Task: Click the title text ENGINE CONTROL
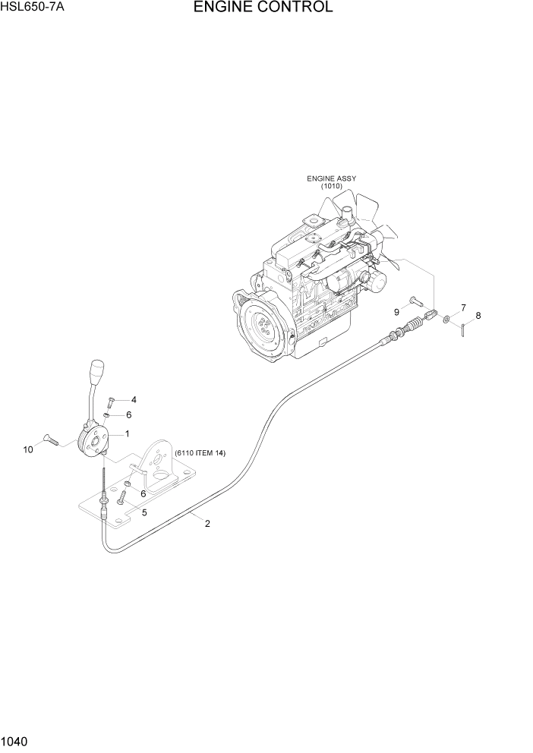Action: tap(263, 8)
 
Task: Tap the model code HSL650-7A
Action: tap(33, 8)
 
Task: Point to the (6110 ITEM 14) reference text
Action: tap(200, 453)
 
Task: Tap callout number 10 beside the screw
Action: tap(28, 449)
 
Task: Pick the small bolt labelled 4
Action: tap(111, 402)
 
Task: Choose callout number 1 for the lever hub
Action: tap(126, 433)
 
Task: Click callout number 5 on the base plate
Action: tap(144, 512)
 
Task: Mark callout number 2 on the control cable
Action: tap(207, 522)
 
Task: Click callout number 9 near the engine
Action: tap(396, 312)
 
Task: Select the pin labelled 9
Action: tap(415, 301)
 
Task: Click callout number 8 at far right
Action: tap(478, 315)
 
